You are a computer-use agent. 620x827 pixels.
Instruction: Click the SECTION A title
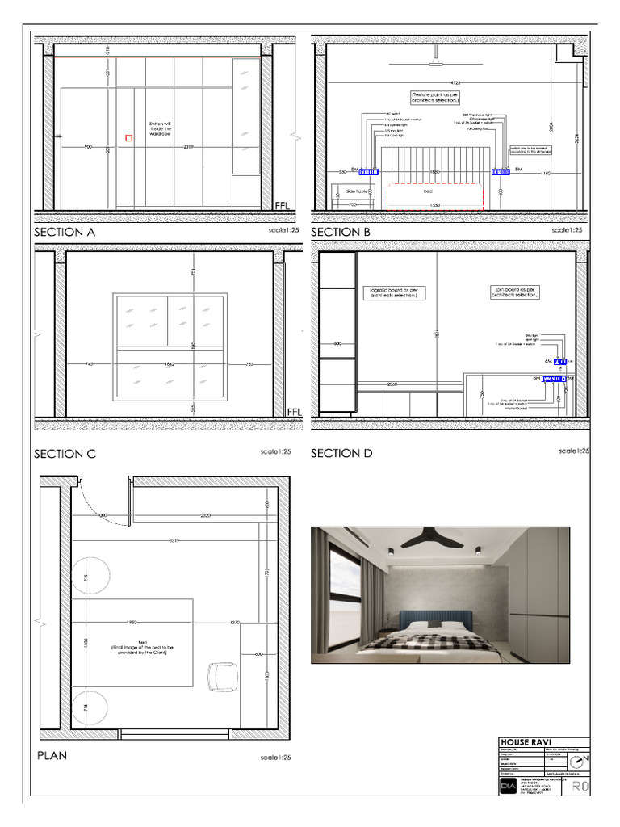click(x=65, y=232)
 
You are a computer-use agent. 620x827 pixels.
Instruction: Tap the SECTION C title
click(x=65, y=454)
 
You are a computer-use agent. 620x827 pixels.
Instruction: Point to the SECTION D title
click(x=341, y=454)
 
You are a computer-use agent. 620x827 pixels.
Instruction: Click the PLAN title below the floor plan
click(x=52, y=756)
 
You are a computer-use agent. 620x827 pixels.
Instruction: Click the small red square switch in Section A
click(x=128, y=139)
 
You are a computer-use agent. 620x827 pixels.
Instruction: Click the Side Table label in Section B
click(x=357, y=191)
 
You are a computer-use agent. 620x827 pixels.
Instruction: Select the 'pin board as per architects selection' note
click(x=515, y=292)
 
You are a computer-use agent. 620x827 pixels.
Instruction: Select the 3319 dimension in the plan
click(x=169, y=539)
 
